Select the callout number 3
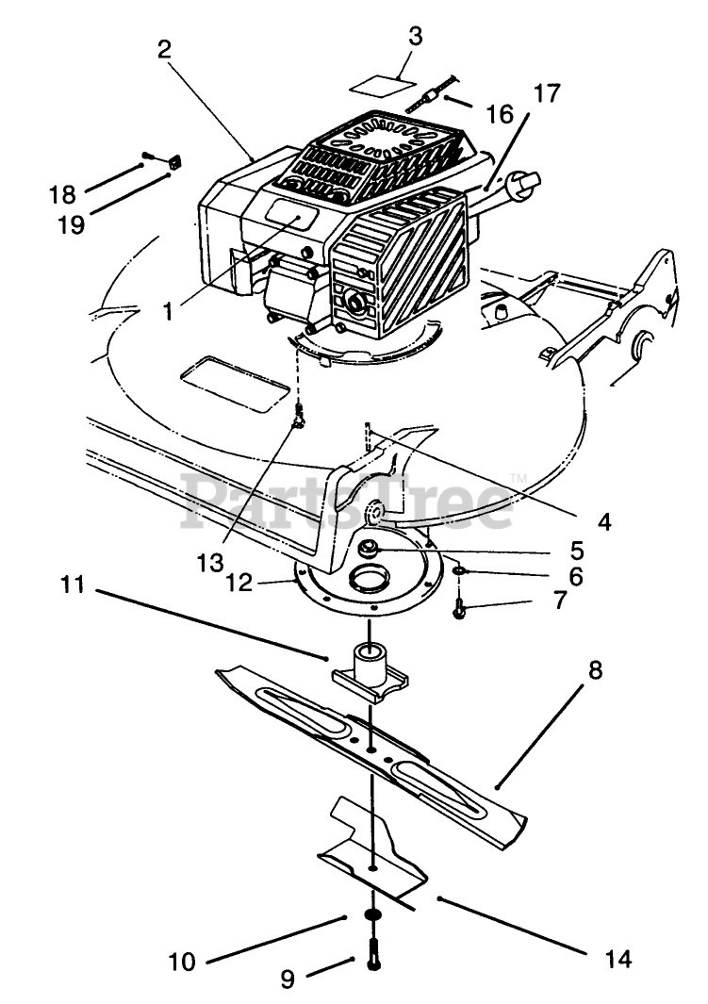[x=416, y=38]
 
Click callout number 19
[x=71, y=224]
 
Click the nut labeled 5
[x=368, y=547]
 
